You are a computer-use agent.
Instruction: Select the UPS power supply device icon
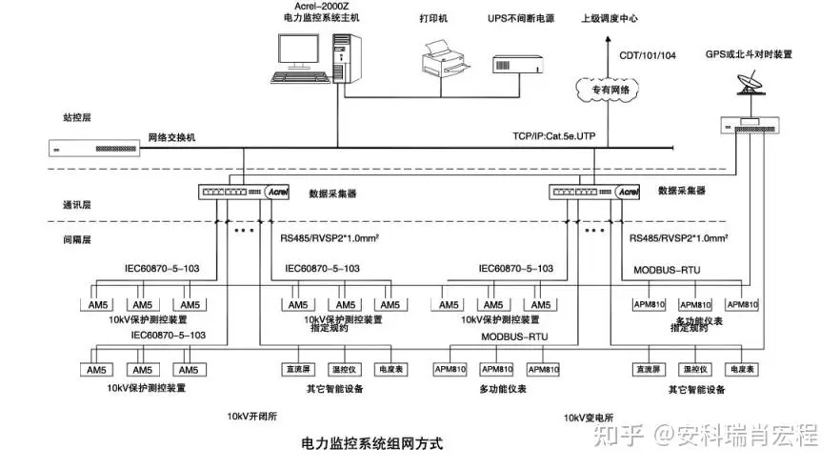516,64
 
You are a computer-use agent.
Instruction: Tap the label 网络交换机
171,137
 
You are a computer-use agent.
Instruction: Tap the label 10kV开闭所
253,417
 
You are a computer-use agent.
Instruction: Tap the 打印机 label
433,19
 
